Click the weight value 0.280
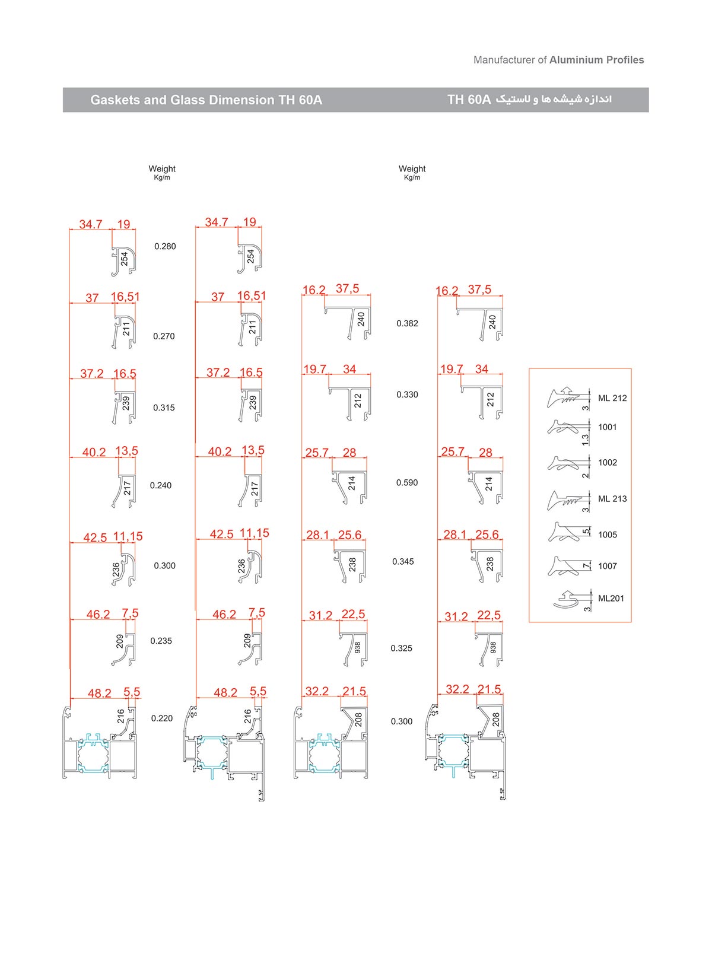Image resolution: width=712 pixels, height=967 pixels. click(165, 246)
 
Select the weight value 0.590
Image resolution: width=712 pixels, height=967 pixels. click(407, 483)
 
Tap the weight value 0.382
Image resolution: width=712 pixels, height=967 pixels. click(407, 323)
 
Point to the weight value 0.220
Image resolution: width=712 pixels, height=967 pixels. click(162, 718)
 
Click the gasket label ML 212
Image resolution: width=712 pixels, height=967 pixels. click(612, 398)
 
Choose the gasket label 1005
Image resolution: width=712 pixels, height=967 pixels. click(608, 535)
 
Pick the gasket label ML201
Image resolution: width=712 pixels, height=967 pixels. click(611, 599)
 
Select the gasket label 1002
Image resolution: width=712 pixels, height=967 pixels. click(608, 463)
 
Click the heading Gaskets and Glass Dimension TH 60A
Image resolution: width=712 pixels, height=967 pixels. click(206, 100)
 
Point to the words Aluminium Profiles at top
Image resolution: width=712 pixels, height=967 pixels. click(596, 60)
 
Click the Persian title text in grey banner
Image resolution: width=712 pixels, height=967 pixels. click(553, 100)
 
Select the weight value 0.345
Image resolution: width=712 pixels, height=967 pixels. click(403, 562)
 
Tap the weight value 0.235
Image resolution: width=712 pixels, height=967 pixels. click(161, 641)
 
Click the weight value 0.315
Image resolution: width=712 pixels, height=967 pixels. click(164, 408)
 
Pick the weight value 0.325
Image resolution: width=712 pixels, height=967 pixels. click(401, 648)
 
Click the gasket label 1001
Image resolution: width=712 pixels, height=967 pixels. click(608, 427)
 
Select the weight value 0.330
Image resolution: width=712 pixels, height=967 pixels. click(407, 395)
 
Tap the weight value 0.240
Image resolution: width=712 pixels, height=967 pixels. click(161, 486)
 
